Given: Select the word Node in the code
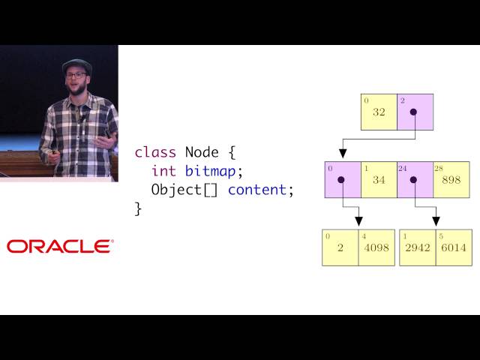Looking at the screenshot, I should coord(202,152).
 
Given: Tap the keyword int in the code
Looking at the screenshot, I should coord(164,171).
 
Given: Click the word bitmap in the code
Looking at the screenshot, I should coord(211,171).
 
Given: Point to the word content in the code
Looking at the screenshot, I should coord(257,190).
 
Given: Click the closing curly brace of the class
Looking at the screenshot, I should coord(138,208).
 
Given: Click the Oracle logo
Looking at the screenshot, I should coord(60,246).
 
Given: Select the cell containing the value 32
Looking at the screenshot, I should coord(379,112).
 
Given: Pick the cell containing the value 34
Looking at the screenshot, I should coord(379,180).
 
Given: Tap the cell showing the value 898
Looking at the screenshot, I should coord(451,180).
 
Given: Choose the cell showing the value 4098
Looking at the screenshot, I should coord(376,247).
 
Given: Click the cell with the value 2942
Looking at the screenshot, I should coord(417,247).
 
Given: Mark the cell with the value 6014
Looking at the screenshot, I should coord(453,247).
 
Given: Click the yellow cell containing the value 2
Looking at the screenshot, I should coord(340,247).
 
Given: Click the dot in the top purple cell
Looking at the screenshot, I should coord(413,112).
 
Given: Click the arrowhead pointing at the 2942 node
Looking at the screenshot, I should coord(436,221).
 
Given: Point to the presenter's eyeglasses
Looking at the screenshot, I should coord(76,75).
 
